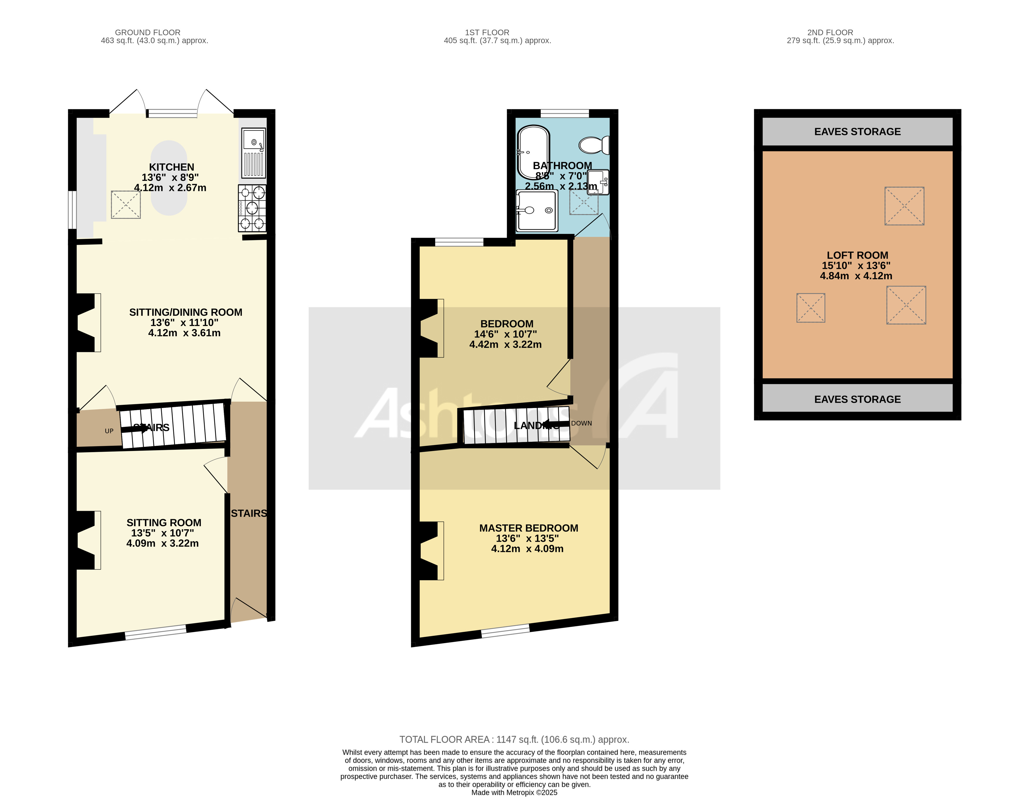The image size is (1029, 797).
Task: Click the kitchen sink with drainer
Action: (x=254, y=153)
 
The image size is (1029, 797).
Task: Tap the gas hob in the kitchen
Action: (x=252, y=208)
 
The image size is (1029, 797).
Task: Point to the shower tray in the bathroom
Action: (x=537, y=210)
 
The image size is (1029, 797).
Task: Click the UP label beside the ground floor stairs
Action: (x=109, y=431)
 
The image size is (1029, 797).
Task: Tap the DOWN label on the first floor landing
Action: (x=582, y=423)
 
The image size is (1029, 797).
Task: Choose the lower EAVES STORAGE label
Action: (x=857, y=399)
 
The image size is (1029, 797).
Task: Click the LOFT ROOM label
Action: (x=857, y=255)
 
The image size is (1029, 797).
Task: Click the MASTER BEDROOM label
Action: (x=528, y=528)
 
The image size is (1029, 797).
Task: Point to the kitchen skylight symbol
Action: (x=126, y=205)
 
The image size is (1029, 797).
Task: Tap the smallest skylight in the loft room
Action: (x=810, y=308)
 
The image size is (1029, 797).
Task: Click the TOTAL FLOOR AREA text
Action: (x=514, y=739)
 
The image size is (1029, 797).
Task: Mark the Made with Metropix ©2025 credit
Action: (x=514, y=792)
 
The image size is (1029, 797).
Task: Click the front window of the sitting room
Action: (x=156, y=632)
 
